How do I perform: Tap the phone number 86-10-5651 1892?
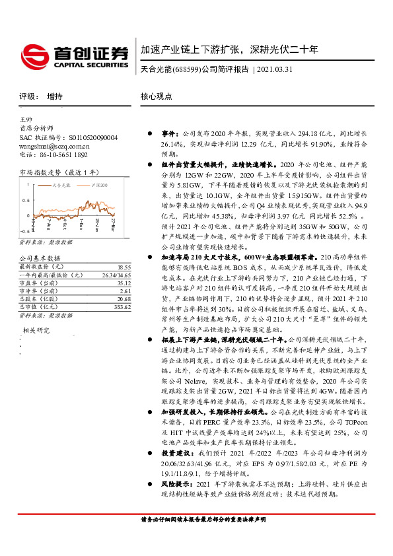pyautogui.click(x=63, y=155)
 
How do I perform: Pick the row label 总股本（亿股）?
pyautogui.click(x=39, y=299)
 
